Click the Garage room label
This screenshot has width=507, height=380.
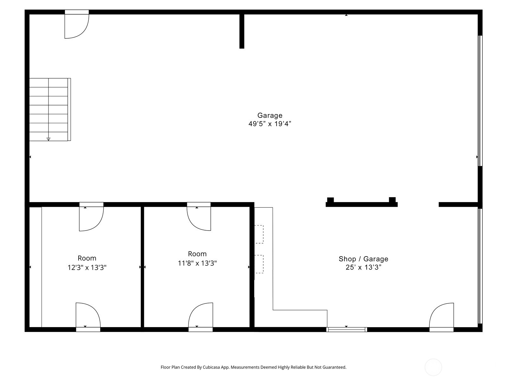(x=270, y=115)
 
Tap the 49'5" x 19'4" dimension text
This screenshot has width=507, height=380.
(x=270, y=124)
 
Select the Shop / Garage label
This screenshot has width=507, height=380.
(x=363, y=259)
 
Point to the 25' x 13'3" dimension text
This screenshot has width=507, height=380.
(x=363, y=267)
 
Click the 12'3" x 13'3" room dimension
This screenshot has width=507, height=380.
(x=87, y=268)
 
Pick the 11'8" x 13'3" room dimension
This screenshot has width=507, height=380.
(x=197, y=263)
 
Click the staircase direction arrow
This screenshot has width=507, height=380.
(x=48, y=139)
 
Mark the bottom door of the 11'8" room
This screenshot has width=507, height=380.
(x=201, y=316)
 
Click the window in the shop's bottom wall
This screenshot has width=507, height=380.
(x=347, y=330)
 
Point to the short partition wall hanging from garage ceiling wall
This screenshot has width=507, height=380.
(x=242, y=31)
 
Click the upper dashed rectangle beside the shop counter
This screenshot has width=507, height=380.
(x=259, y=234)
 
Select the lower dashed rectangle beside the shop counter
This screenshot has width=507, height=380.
(x=259, y=264)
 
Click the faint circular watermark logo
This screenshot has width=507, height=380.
(x=433, y=367)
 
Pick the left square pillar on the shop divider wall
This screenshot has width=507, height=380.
(x=330, y=200)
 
